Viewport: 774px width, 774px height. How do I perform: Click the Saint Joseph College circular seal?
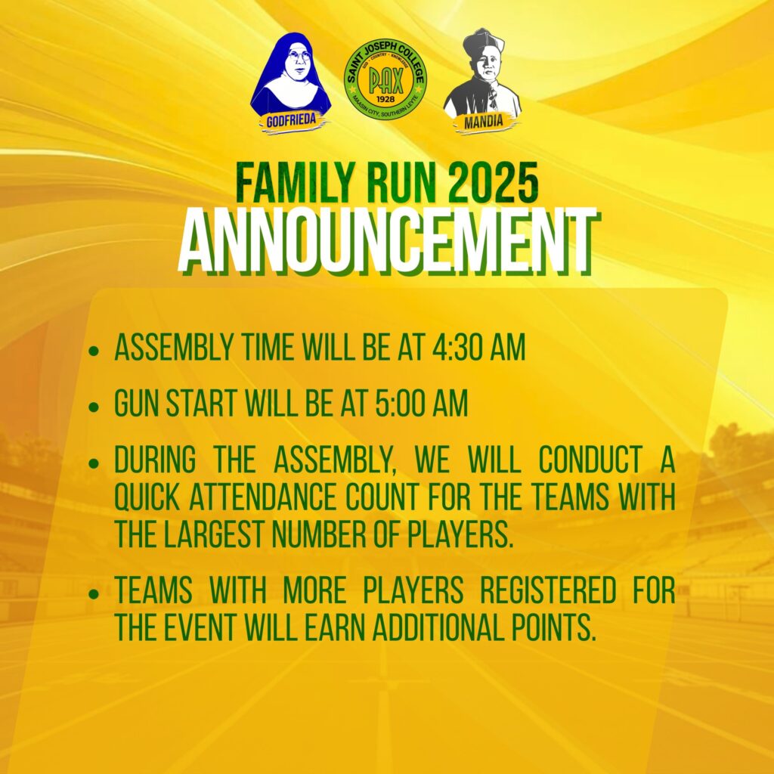coord(385,80)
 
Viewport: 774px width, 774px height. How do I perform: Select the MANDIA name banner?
coord(484,122)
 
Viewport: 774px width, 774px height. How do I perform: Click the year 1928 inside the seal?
coord(385,99)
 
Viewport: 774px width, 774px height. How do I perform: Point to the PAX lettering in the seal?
coord(385,80)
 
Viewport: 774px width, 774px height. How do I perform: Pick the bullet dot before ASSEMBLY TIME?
coord(94,351)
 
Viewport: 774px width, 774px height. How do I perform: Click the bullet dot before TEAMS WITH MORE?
coord(94,594)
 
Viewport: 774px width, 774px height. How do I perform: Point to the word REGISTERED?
coord(548,590)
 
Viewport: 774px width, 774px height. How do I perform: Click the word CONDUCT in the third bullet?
coord(590,460)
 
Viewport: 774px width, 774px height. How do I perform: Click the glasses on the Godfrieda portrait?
coord(299,55)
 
